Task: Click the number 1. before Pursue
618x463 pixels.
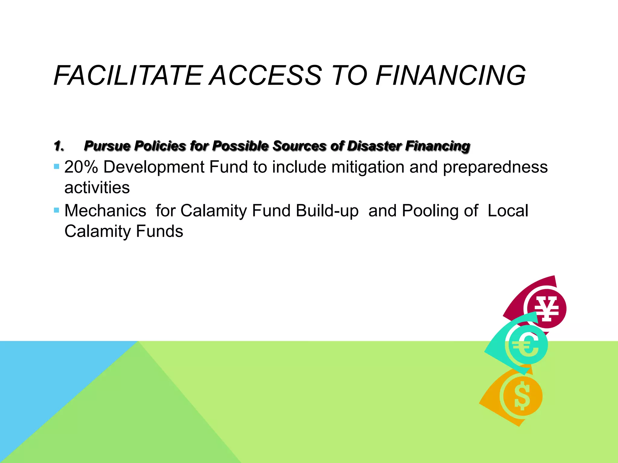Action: pos(59,146)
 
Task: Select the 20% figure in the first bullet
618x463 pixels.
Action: pos(81,167)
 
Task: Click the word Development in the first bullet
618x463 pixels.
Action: pos(154,167)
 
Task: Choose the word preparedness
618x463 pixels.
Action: pos(495,168)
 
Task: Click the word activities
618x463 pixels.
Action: pos(97,187)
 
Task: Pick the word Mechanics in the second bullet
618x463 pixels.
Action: pos(105,211)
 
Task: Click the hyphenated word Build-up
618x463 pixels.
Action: pos(327,211)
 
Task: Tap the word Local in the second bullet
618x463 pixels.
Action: pos(508,211)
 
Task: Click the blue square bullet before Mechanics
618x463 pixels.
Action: pos(56,210)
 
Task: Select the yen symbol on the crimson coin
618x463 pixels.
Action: pos(546,309)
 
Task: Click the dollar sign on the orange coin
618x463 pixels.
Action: pos(522,396)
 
